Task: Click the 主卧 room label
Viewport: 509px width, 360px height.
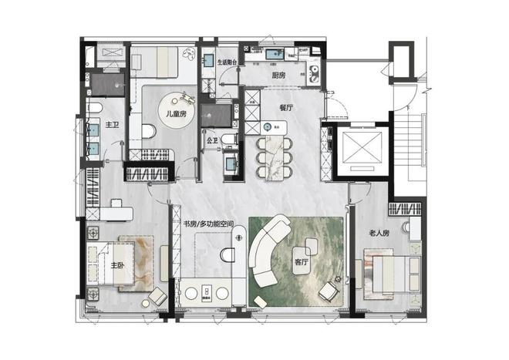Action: point(117,265)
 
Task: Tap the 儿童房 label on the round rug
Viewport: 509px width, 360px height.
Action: point(176,114)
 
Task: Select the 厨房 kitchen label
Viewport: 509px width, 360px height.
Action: point(278,76)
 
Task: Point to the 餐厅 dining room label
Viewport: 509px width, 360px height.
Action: point(286,108)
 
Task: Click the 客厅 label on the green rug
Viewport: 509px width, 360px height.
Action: point(301,262)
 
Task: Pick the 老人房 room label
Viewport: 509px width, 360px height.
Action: point(379,233)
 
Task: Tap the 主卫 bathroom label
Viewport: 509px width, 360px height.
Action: point(113,125)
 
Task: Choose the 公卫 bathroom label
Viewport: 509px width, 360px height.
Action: point(212,141)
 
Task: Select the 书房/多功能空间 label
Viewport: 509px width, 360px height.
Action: point(208,224)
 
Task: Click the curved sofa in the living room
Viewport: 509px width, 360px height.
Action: point(267,250)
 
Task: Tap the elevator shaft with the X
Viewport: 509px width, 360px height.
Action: point(362,149)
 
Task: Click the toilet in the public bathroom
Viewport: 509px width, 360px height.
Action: point(229,140)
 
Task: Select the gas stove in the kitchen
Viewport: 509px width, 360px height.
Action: point(314,73)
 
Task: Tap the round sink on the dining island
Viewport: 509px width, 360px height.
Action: point(268,127)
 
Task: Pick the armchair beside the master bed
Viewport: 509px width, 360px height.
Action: point(158,296)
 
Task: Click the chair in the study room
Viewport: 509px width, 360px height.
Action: point(228,254)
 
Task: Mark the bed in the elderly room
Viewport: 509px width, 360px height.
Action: point(396,274)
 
